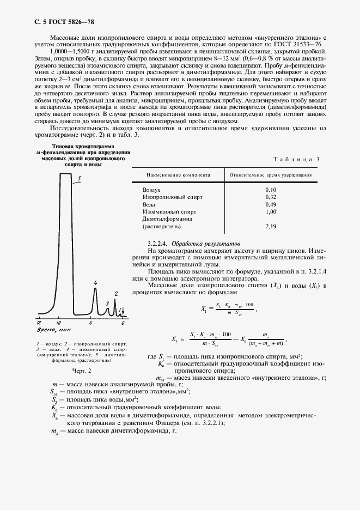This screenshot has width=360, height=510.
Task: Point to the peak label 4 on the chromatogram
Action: pyautogui.click(x=95, y=283)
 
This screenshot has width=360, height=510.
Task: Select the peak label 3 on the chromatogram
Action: pyautogui.click(x=107, y=303)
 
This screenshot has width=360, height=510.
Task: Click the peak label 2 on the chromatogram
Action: pyautogui.click(x=115, y=293)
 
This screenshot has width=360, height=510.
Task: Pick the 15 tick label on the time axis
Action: pyautogui.click(x=40, y=323)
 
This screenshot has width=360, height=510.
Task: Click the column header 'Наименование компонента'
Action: pyautogui.click(x=177, y=175)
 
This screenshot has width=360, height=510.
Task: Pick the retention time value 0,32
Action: pyautogui.click(x=270, y=197)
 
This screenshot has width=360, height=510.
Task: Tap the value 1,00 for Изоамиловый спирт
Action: pyautogui.click(x=270, y=211)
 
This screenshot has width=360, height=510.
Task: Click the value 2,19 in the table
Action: pyautogui.click(x=270, y=226)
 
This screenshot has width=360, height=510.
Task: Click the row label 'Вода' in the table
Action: pyautogui.click(x=149, y=204)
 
